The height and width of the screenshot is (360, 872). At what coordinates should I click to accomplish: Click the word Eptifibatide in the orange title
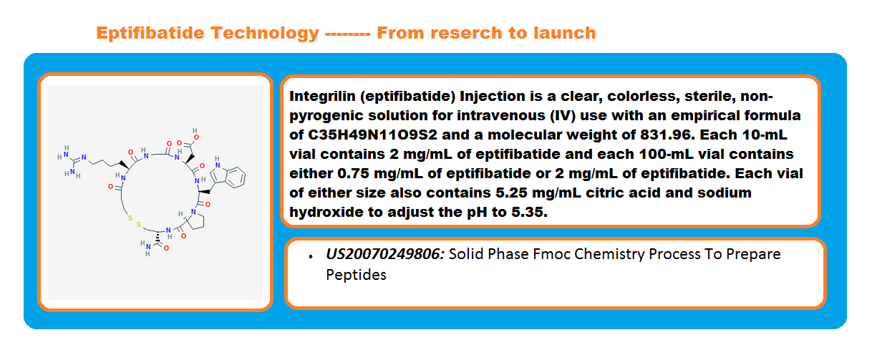(x=150, y=33)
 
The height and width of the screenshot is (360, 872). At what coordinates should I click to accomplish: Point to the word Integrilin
(x=322, y=96)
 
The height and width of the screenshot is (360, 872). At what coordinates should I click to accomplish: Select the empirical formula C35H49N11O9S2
(x=372, y=135)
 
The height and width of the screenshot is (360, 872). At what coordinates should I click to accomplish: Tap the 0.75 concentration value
(x=353, y=173)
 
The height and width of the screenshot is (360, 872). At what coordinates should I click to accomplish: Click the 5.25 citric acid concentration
(x=511, y=193)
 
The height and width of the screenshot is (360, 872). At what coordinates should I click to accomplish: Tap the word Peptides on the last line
(x=357, y=275)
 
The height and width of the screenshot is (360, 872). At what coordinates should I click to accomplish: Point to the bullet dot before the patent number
(x=311, y=256)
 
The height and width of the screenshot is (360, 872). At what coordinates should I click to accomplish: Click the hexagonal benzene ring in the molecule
(x=235, y=177)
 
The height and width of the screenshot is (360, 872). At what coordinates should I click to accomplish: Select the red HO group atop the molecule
(x=195, y=134)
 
